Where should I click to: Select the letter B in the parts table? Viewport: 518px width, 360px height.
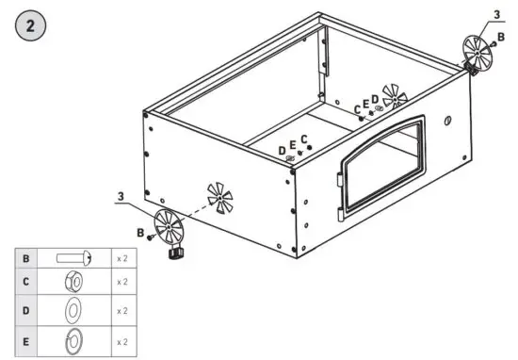coord(25,257)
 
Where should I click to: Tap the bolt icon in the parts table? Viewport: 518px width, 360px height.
coord(73,257)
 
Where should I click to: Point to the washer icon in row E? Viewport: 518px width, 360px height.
coord(73,339)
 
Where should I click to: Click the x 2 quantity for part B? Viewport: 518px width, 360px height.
coord(121,257)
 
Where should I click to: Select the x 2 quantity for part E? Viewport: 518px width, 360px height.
coord(121,339)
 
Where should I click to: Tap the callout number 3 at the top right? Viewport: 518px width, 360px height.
coord(497,16)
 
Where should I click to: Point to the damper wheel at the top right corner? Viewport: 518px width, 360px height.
coord(481,52)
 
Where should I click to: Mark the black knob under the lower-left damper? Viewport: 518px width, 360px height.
coord(173,254)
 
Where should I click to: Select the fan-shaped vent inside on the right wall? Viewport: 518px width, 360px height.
coord(397,97)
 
